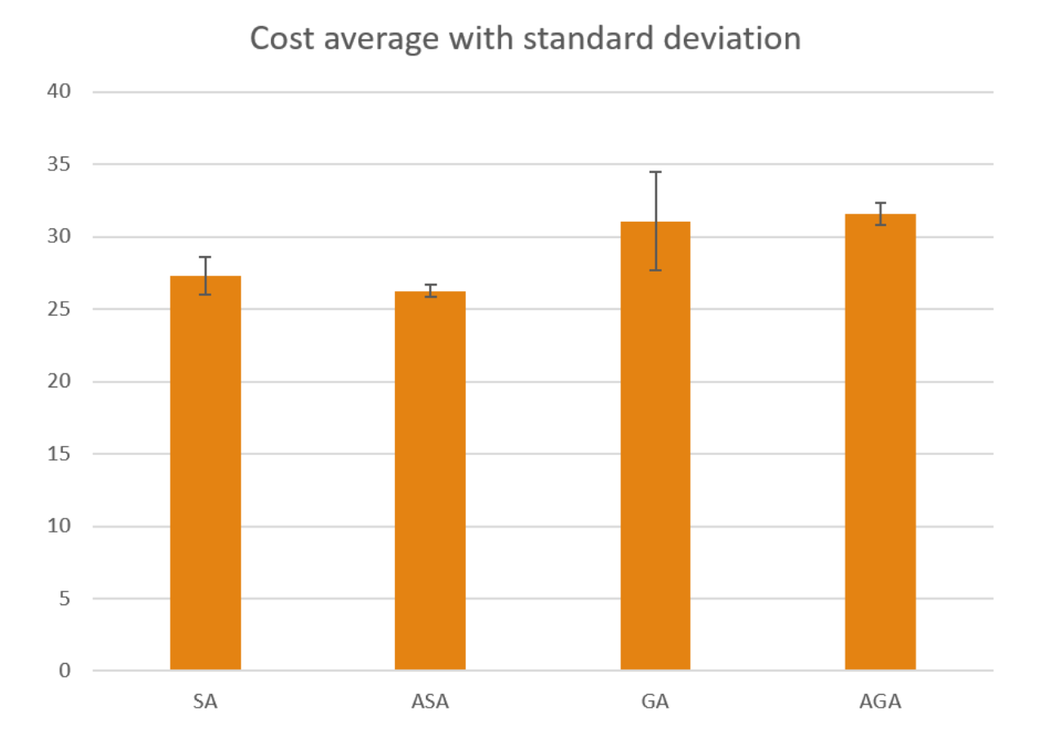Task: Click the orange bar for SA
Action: point(206,473)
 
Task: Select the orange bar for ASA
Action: point(430,481)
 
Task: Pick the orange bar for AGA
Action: point(880,444)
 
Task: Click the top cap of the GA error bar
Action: point(655,172)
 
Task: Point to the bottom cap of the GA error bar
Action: point(655,270)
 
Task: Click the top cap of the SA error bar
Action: point(206,257)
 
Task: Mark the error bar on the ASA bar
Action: point(430,290)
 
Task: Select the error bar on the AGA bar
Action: point(880,214)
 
